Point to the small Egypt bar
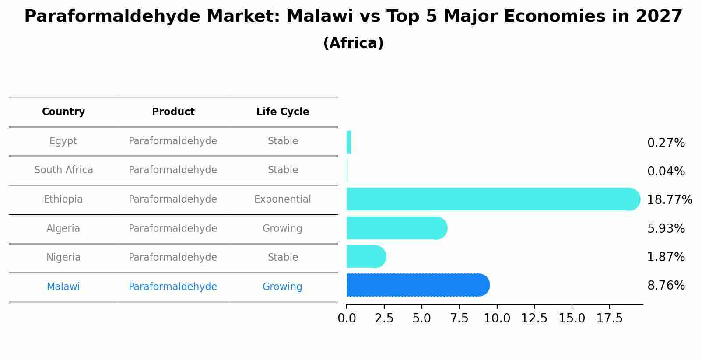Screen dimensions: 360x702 tap(349, 142)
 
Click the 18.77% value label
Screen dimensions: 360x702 tap(669, 200)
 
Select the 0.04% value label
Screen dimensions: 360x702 tap(666, 171)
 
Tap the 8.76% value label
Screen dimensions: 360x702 tap(666, 286)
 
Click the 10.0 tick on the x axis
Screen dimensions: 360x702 tap(497, 318)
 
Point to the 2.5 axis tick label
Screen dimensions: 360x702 tap(384, 318)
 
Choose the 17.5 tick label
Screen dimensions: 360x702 tap(609, 318)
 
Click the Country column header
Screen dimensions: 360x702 tap(63, 112)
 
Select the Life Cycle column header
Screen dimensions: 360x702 tap(283, 112)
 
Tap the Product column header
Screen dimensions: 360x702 tap(173, 112)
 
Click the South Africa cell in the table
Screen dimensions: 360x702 tap(63, 170)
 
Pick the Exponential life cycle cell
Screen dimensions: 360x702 tap(282, 199)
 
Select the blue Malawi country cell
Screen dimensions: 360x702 tap(63, 287)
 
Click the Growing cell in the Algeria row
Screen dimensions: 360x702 tap(282, 229)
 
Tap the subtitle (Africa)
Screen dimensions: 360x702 tap(353, 43)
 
